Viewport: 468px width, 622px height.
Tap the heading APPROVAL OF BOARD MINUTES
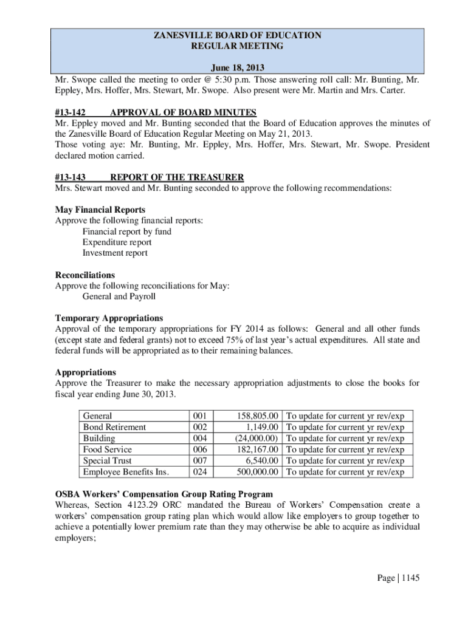coord(183,112)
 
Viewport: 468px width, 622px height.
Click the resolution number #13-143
coord(70,177)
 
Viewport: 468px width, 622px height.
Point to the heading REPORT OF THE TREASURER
coord(177,177)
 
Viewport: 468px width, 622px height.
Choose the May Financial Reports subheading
coord(100,210)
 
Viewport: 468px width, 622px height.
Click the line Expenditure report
coord(117,242)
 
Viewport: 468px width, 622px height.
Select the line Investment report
coord(115,253)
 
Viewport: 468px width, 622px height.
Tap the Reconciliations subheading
coord(85,275)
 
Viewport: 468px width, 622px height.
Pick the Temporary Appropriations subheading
coord(109,318)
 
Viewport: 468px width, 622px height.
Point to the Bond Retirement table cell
coord(114,427)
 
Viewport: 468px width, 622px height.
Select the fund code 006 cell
coord(200,450)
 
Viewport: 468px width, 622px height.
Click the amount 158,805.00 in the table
coord(257,416)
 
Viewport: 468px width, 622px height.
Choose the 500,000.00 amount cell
coord(257,472)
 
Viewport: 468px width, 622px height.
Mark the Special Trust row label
coord(107,461)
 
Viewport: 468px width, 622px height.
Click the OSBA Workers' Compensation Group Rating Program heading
coord(164,494)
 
